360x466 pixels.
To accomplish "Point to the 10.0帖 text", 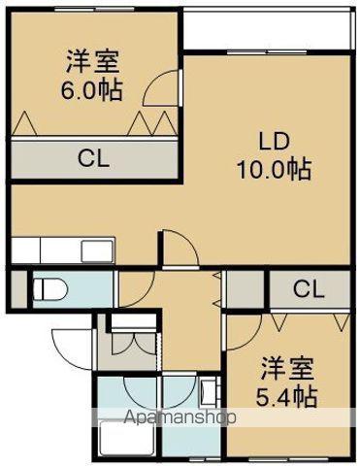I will click(273, 169).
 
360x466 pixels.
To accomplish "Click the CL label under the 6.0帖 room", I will click(92, 159).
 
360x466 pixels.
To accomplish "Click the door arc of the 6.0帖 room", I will click(162, 93).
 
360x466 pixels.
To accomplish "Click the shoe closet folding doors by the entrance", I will click(132, 344).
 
